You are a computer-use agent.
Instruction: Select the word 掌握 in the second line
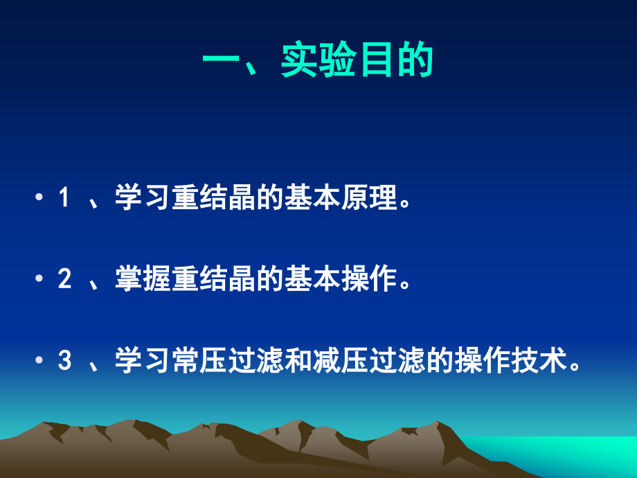[x=140, y=281]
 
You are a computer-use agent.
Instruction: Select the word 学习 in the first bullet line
[x=140, y=200]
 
